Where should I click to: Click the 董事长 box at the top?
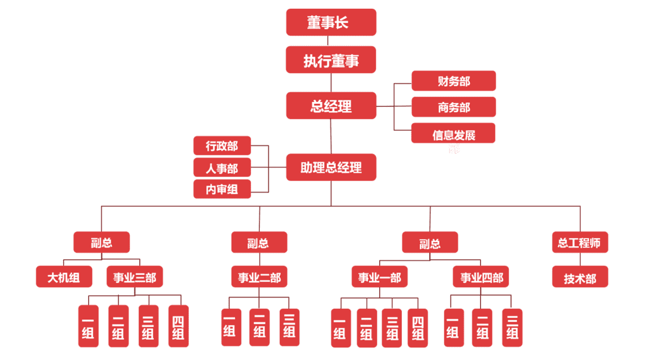[x=331, y=23]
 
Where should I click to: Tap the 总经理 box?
[x=331, y=106]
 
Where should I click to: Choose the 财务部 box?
[x=454, y=81]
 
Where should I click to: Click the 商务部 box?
[x=454, y=107]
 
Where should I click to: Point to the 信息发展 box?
[x=454, y=134]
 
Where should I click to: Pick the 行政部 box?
[x=222, y=146]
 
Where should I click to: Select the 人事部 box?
[x=222, y=168]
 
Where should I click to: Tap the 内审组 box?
[x=222, y=189]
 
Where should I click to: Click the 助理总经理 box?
[x=331, y=167]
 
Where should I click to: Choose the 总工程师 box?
[x=580, y=242]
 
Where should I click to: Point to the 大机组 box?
[x=64, y=277]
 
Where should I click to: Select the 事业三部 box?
[x=134, y=277]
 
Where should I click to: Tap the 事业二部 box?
[x=259, y=277]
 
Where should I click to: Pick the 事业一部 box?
[x=380, y=277]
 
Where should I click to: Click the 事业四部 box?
[x=481, y=277]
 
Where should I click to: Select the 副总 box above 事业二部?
[x=259, y=242]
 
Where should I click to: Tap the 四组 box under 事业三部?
[x=178, y=326]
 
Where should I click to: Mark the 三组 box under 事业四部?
[x=512, y=326]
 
